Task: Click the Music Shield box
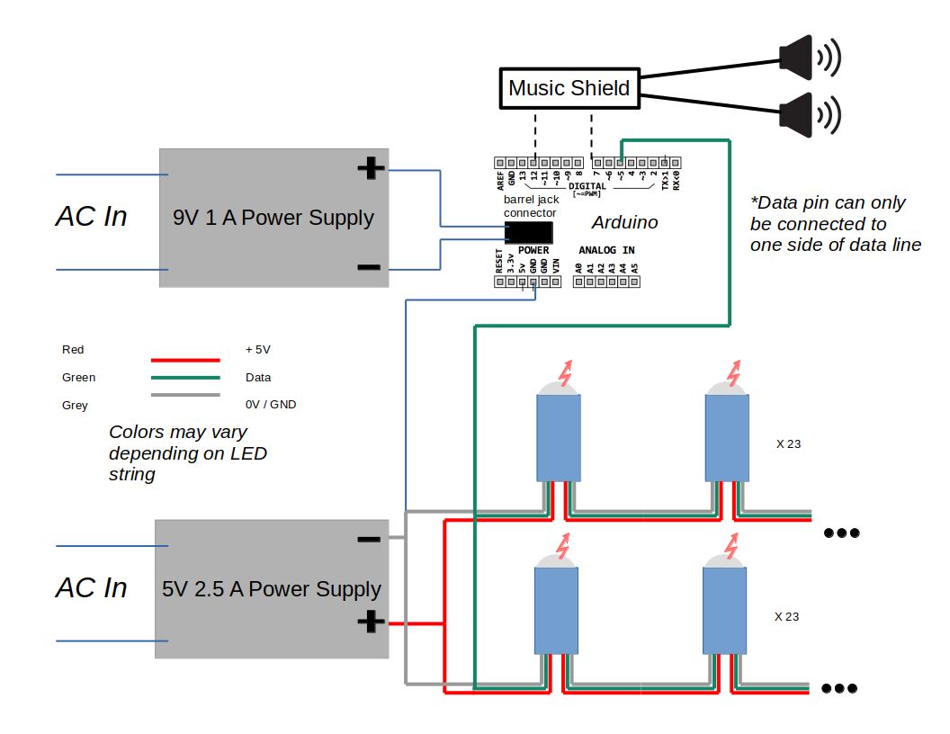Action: coord(569,88)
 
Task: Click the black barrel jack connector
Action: coord(529,232)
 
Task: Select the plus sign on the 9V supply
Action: coord(370,168)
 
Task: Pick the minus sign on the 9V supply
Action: coord(368,267)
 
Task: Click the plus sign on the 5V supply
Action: coord(369,622)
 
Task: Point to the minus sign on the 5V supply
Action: coord(368,540)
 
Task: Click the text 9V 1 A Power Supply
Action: coord(273,218)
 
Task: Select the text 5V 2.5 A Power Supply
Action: coord(271,589)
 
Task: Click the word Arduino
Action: coord(624,222)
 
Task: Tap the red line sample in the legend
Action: coord(185,360)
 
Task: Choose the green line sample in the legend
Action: coord(185,378)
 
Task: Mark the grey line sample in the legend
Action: coord(185,396)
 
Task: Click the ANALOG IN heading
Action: coord(606,250)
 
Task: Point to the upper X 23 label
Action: coord(787,443)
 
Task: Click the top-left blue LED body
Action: coord(558,437)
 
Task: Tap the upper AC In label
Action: coord(91,217)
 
